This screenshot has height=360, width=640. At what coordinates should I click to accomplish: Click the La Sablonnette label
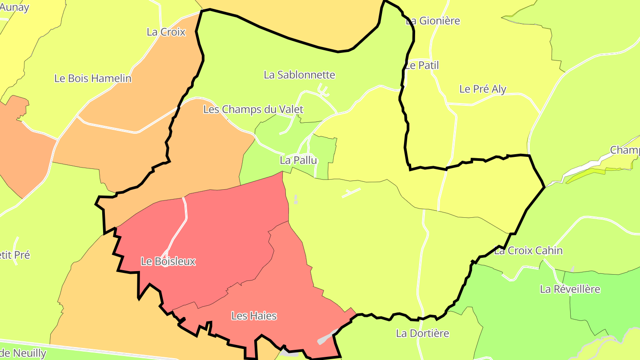[x=299, y=75]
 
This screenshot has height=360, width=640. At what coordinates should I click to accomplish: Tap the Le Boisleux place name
[x=168, y=261]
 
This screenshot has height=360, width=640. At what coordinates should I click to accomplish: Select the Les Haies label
[x=254, y=316]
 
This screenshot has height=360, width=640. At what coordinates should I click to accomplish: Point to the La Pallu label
[x=298, y=160]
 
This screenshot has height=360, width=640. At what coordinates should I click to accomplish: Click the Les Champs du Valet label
[x=253, y=109]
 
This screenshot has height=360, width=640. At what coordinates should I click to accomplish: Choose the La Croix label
[x=166, y=32]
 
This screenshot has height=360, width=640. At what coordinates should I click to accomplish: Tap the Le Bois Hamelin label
[x=93, y=79]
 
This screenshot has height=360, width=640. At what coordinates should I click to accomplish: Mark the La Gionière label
[x=433, y=21]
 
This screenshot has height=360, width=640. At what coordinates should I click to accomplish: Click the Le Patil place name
[x=422, y=65]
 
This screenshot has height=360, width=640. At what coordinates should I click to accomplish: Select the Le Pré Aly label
[x=483, y=89]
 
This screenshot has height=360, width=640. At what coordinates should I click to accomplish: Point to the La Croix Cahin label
[x=528, y=251]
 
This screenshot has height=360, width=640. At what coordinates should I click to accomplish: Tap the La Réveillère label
[x=570, y=289]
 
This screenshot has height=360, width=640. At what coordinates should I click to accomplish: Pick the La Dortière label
[x=422, y=333]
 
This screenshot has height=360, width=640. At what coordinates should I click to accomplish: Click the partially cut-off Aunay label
[x=15, y=7]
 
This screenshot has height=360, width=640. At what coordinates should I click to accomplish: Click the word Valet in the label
[x=289, y=109]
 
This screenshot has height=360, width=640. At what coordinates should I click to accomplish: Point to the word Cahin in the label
[x=549, y=251]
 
